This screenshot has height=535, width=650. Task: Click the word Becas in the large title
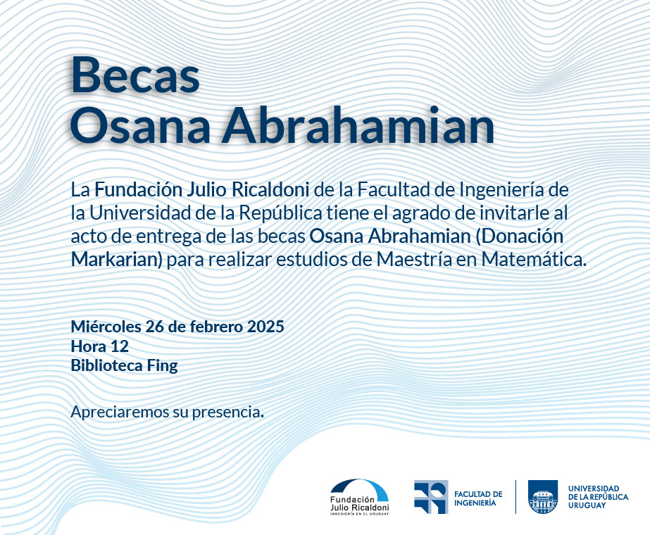135,75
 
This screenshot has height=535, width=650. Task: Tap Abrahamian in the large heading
358,125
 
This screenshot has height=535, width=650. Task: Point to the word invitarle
515,213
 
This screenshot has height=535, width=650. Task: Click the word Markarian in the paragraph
116,260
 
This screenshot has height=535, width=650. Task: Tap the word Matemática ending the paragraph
534,260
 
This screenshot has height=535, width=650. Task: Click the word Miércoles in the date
106,327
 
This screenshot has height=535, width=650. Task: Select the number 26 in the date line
154,327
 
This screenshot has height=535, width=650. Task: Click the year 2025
265,327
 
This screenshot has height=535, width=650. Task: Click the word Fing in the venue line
163,366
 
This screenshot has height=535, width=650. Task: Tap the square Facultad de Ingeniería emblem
431,497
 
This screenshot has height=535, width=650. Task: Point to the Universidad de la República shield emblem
543,497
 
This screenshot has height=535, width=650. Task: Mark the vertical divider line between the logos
515,497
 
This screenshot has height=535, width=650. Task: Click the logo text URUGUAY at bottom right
587,505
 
